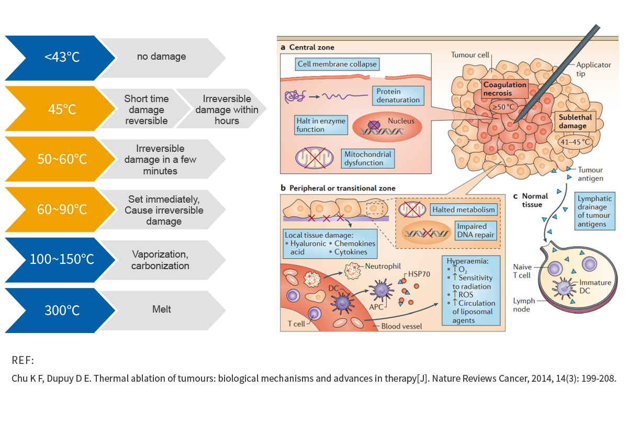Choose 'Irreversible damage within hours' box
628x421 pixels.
point(225,109)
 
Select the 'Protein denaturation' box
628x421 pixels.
point(398,95)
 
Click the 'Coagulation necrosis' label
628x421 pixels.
point(504,89)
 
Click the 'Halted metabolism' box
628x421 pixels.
point(463,210)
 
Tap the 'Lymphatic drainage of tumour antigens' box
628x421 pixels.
point(595,212)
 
